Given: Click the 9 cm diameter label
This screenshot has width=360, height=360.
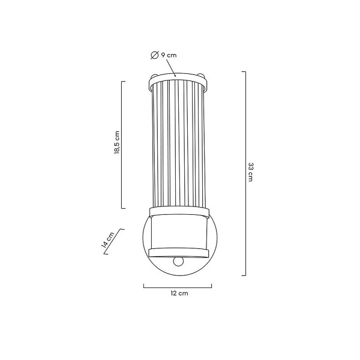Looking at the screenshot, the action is (x=169, y=55).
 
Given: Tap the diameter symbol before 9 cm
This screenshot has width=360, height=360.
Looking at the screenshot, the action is (x=154, y=55).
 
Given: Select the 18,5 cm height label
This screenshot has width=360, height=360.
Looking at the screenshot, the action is (x=117, y=142).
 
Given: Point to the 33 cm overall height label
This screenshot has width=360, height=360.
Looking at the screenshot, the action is (x=250, y=172).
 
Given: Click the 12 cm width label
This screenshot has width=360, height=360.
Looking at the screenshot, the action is (x=179, y=293).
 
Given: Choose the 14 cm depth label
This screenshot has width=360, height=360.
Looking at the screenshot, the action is (x=107, y=241).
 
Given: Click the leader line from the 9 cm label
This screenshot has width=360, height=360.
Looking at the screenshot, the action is (x=170, y=67).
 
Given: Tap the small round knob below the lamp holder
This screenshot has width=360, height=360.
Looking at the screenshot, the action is (x=178, y=262).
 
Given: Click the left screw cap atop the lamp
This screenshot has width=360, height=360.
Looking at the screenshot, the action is (x=154, y=76).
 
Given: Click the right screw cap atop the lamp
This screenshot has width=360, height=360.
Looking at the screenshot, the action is (x=200, y=75).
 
